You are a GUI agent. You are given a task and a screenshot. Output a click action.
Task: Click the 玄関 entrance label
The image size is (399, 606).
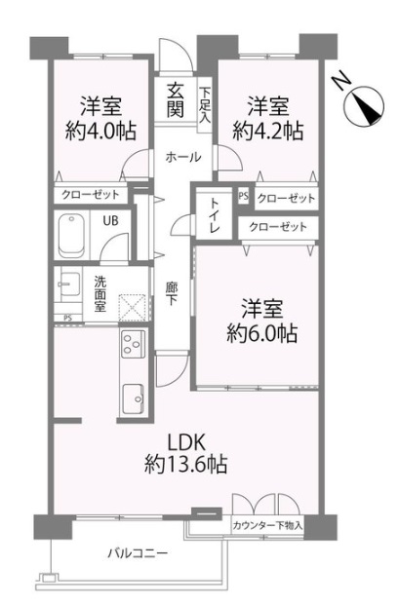point(176,100)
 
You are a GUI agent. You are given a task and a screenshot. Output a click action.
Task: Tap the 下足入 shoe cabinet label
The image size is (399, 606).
point(205,105)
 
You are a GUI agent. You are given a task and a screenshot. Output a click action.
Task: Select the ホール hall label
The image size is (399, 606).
point(183,157)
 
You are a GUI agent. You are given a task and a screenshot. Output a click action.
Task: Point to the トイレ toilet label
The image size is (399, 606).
point(214,215)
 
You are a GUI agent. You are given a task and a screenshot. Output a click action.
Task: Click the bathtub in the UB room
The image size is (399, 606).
point(71,237)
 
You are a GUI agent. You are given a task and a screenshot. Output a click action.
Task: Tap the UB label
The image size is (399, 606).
point(110,221)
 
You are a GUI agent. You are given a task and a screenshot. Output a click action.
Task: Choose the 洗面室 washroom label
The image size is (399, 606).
point(100,293)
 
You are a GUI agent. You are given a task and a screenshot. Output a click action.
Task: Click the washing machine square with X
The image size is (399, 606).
point(133,308)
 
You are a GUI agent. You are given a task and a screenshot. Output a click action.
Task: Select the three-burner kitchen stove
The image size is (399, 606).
point(133,343)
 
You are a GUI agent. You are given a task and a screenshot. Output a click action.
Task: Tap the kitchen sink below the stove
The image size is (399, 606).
point(134,398)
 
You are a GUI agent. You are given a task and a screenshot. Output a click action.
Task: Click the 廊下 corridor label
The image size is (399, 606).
point(171,293)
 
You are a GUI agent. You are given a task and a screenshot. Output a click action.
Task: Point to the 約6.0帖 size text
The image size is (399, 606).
point(261,333)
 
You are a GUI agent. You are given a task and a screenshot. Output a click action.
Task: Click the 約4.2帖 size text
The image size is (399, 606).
point(268,131)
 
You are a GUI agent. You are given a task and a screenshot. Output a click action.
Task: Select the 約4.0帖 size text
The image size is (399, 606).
point(100,131)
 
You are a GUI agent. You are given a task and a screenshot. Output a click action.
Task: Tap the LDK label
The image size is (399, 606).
point(185,443)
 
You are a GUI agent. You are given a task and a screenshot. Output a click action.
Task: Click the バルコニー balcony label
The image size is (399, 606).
point(138,553)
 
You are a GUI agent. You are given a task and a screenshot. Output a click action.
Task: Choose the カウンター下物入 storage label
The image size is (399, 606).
point(267,525)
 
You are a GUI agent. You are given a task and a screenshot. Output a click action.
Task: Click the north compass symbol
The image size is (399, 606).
point(364,104)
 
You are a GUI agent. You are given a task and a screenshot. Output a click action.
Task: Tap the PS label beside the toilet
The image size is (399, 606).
point(244,196)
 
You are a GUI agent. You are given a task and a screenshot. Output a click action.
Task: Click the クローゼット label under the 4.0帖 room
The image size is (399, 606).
point(90,195)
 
